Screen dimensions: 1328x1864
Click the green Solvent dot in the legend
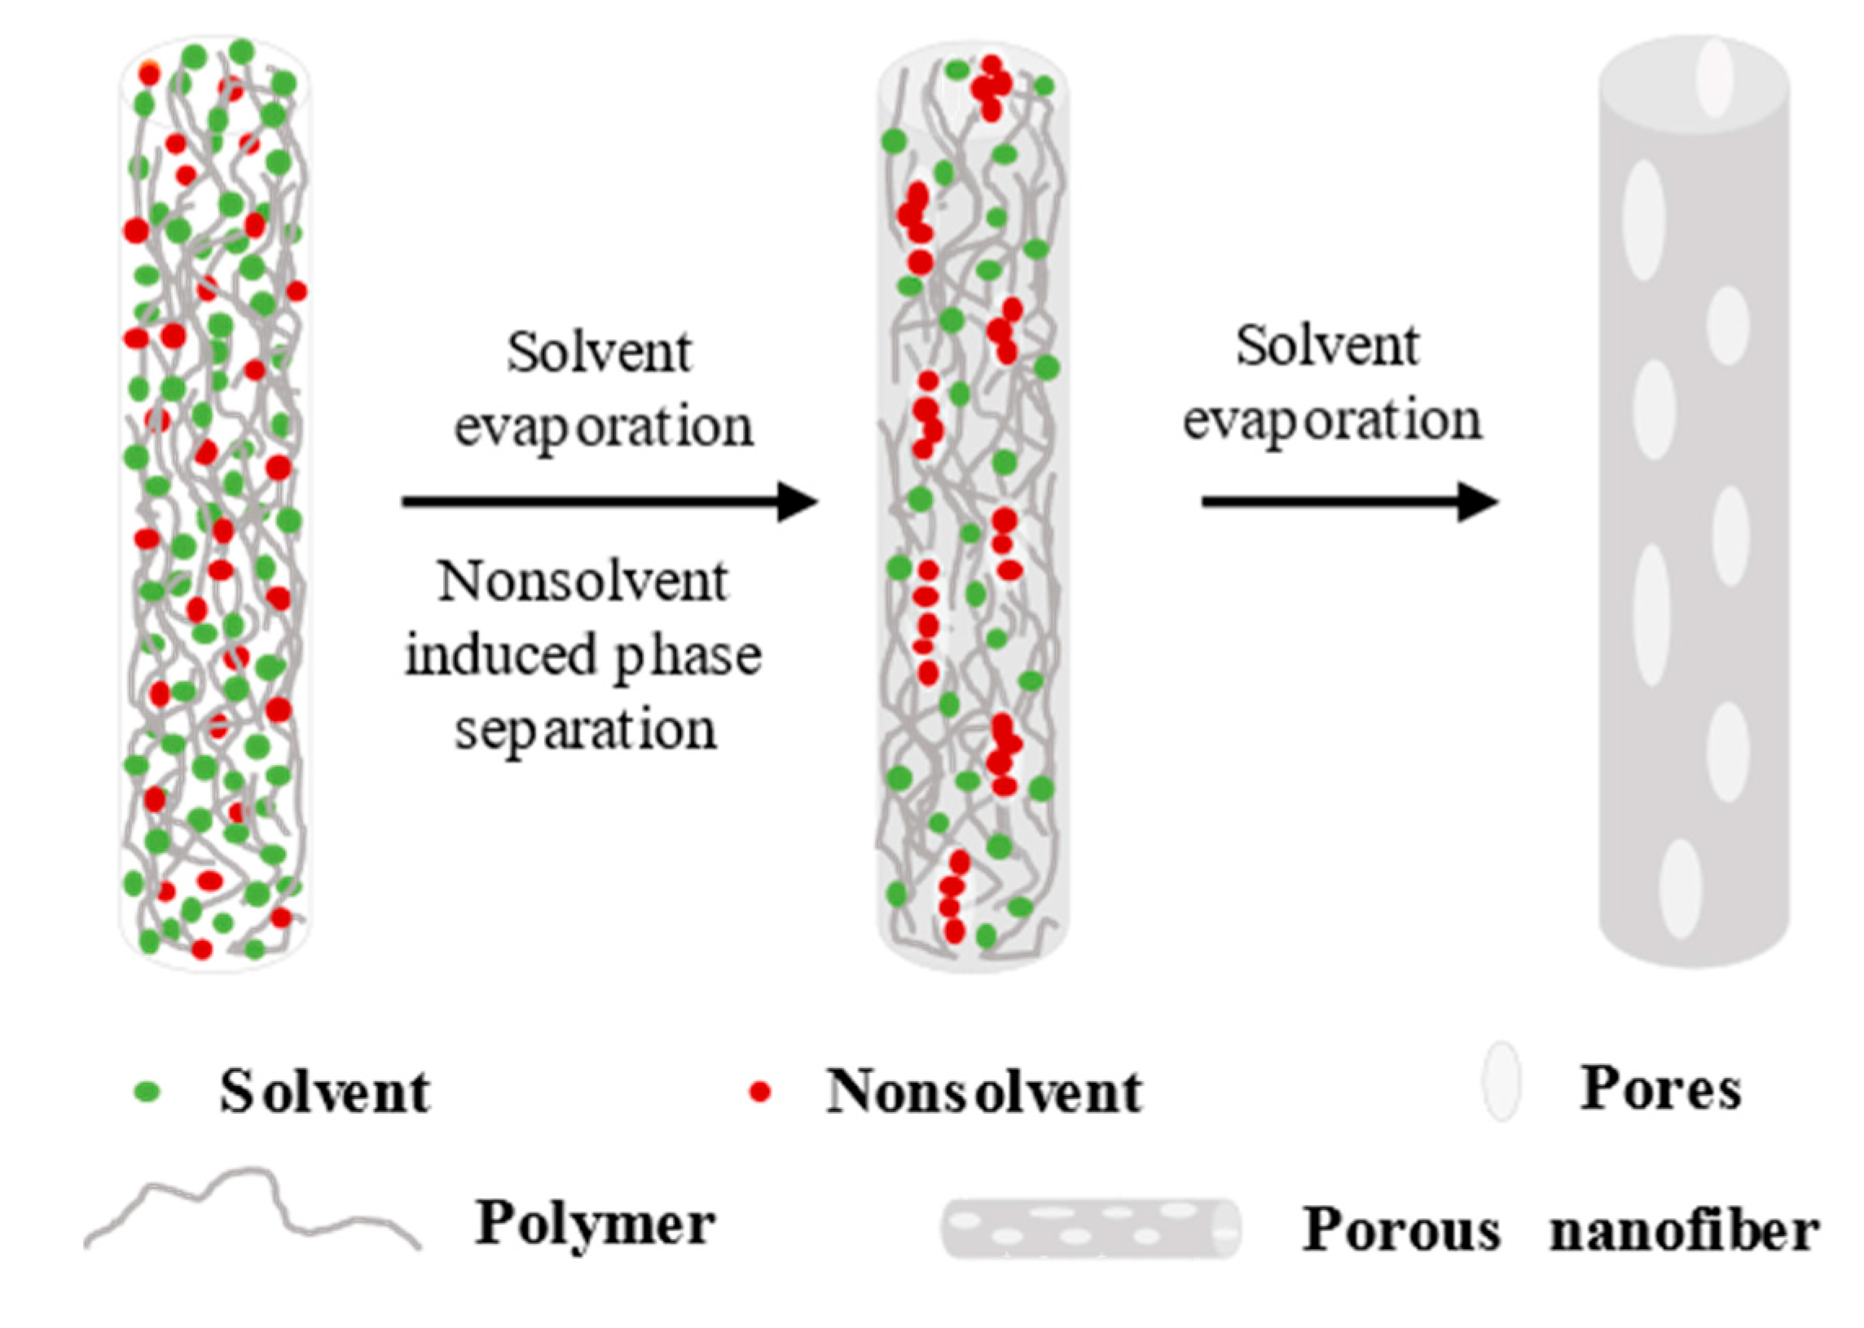coord(148,1092)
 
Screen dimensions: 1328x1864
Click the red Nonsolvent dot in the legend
coord(760,1092)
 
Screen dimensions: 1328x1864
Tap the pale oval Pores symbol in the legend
coord(1501,1092)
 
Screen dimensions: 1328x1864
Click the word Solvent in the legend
coord(324,1092)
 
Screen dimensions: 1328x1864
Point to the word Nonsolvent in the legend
coord(984,1092)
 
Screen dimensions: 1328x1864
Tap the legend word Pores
coord(1660,1089)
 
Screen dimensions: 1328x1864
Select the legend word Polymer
coord(596,1225)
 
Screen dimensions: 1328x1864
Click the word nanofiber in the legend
coord(1684,1230)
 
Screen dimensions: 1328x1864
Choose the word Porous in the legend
coord(1401,1230)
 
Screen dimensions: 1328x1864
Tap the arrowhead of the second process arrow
coord(1479,501)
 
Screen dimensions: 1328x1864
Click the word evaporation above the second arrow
coord(1333,422)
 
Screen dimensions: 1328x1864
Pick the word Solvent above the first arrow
coord(600,353)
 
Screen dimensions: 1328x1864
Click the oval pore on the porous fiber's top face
coord(1713,77)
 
